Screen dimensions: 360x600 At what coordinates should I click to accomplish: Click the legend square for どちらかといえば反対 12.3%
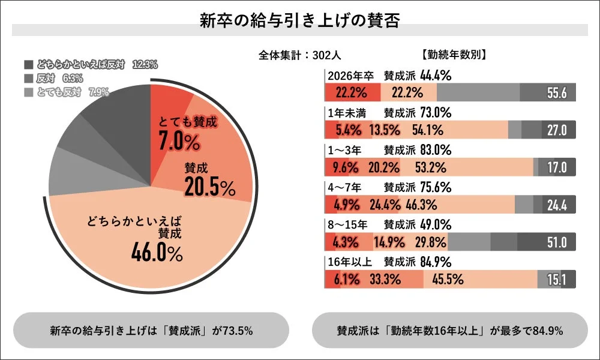[29, 64]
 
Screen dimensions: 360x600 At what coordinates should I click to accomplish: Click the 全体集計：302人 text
[299, 55]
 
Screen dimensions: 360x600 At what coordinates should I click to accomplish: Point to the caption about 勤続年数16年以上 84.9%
[449, 331]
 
